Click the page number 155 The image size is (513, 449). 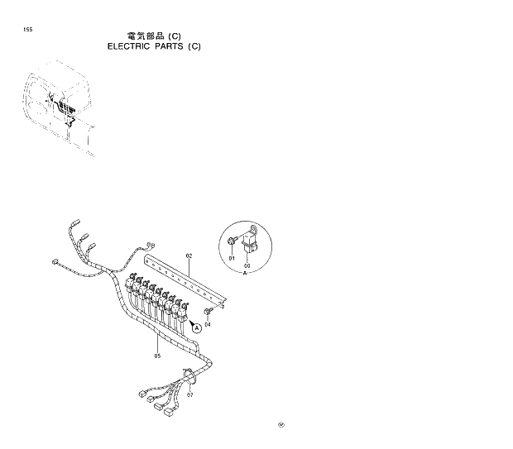point(28,30)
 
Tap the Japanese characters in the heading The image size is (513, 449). point(146,36)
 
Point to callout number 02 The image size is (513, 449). point(189,256)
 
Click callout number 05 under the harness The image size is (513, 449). point(156,356)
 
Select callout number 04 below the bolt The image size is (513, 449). point(208,324)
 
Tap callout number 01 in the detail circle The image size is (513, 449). point(233,259)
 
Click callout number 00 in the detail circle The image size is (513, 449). point(247,265)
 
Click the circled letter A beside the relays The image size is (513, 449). point(197,327)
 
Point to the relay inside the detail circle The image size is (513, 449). point(250,242)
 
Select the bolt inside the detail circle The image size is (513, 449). point(232,241)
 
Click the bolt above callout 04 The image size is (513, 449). point(208,312)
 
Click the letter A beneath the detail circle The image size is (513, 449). point(246,273)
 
